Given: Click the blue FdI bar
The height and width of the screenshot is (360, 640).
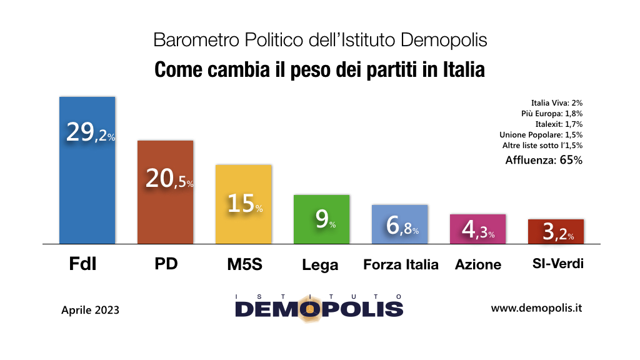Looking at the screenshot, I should click(x=87, y=187).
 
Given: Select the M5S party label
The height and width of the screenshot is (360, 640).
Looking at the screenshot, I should click(x=243, y=264).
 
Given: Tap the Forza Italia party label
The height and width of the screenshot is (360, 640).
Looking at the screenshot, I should click(x=401, y=264).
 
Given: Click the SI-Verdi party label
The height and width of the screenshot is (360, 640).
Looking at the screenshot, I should click(x=554, y=264).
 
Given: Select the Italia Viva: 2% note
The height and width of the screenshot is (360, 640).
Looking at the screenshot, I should click(x=556, y=102).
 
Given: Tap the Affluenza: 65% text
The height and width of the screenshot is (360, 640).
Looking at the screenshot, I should click(x=543, y=160).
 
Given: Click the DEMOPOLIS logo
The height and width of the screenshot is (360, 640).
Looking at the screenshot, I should click(x=319, y=307).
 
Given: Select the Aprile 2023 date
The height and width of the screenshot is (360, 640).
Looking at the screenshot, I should click(x=90, y=309).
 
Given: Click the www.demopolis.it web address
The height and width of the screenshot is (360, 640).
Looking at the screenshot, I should click(x=537, y=308).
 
